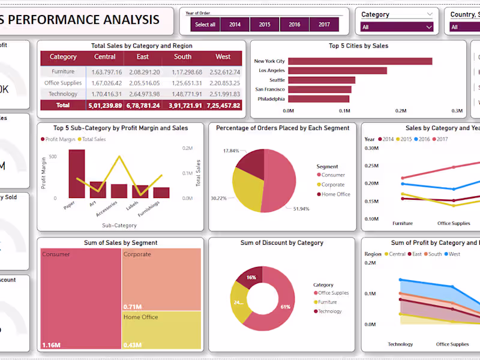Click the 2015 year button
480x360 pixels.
(x=265, y=25)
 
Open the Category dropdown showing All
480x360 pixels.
(x=397, y=27)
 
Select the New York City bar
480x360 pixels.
(x=360, y=61)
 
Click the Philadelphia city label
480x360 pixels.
(x=271, y=99)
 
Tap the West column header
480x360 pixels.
(x=223, y=57)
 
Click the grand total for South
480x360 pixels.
(x=182, y=106)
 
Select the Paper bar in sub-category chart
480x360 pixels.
(x=76, y=174)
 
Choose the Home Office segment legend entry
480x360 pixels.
(x=335, y=194)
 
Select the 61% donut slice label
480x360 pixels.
(x=285, y=307)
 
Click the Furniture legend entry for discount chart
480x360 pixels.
(x=327, y=302)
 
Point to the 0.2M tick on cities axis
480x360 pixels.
(x=401, y=111)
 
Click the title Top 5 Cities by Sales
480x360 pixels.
(x=358, y=46)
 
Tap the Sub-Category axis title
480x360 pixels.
(x=119, y=226)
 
